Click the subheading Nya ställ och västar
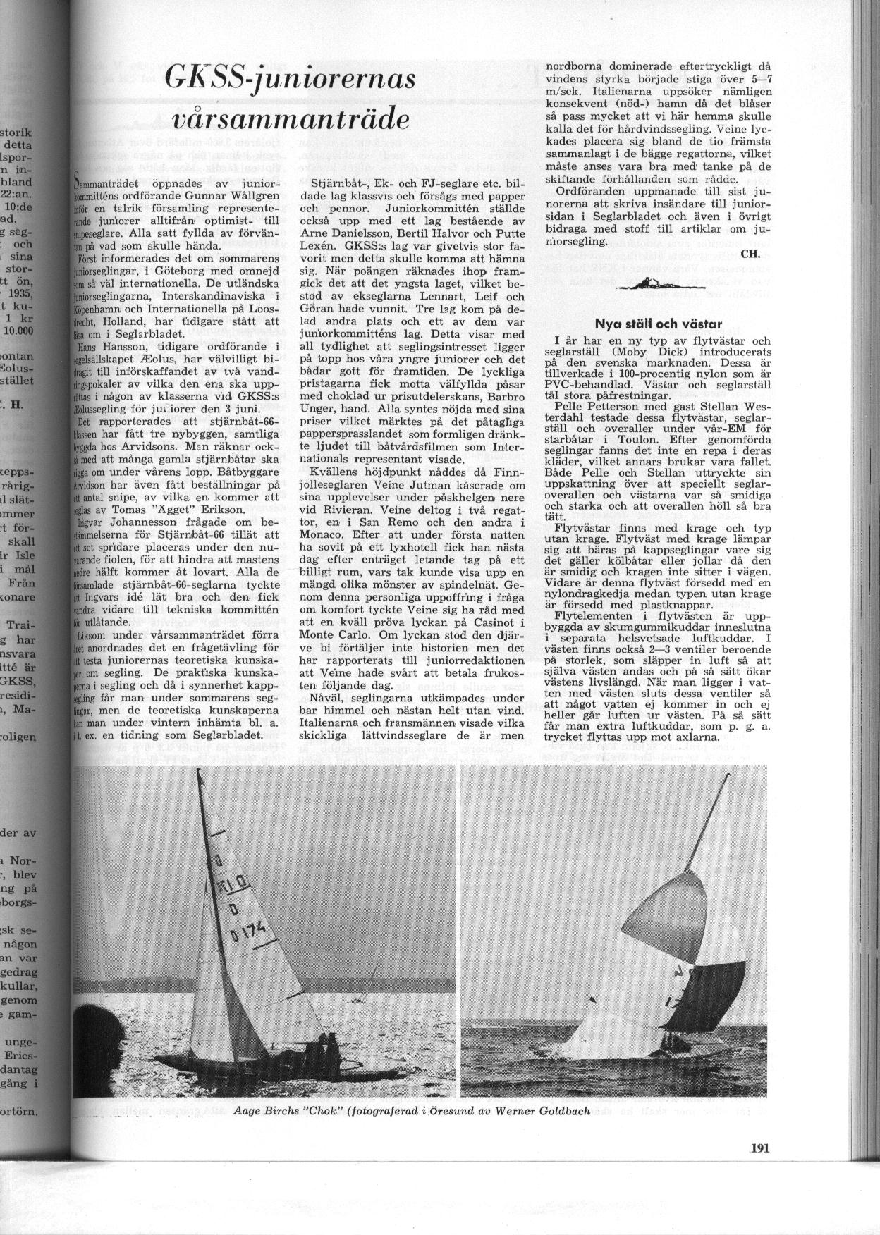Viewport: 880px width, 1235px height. click(x=658, y=324)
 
